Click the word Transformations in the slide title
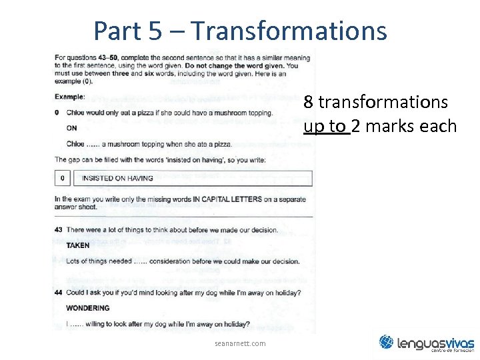[288, 31]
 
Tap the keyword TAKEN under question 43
[78, 245]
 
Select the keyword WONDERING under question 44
[87, 308]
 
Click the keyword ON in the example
[71, 128]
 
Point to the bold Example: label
[70, 97]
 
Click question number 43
[59, 230]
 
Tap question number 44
[59, 293]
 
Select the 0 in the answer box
[62, 179]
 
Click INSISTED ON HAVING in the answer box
[117, 179]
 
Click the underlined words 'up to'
[327, 127]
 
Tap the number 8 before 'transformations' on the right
[309, 103]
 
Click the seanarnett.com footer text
[240, 343]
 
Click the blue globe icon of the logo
[387, 342]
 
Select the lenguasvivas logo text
[435, 343]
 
